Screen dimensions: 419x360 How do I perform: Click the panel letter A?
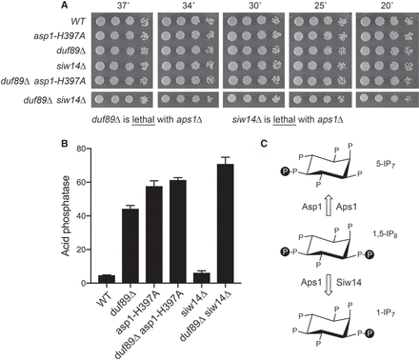click(x=65, y=5)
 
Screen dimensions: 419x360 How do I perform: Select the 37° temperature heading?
click(x=123, y=6)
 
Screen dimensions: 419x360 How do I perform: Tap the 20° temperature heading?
click(x=387, y=6)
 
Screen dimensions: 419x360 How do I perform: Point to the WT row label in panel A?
click(x=78, y=21)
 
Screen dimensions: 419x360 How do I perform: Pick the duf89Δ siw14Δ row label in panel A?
click(x=55, y=100)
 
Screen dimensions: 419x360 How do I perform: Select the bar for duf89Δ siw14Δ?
click(x=226, y=224)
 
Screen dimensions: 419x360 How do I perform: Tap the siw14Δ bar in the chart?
click(x=202, y=278)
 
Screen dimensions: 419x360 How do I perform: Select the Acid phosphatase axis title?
click(x=66, y=215)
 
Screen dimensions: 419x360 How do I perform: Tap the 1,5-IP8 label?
click(x=386, y=235)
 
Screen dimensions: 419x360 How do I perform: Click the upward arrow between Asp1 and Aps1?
click(x=329, y=207)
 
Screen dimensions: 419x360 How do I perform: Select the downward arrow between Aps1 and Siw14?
click(x=329, y=284)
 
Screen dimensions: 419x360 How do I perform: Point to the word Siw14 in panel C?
click(x=348, y=282)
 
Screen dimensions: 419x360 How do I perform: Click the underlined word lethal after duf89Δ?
click(x=144, y=120)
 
